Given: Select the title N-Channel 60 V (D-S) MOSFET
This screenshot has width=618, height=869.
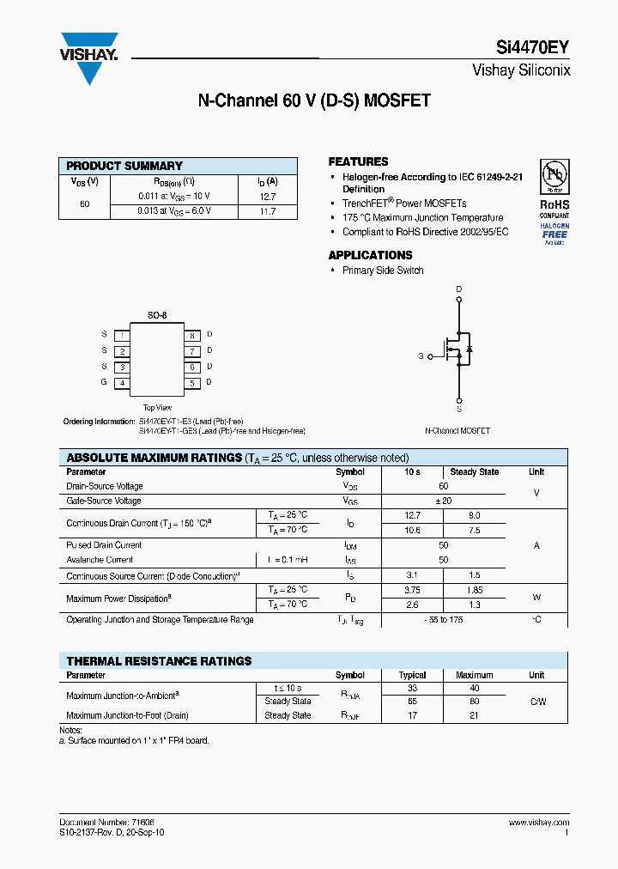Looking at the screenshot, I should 314,101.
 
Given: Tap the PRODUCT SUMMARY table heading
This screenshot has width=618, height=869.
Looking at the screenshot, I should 124,166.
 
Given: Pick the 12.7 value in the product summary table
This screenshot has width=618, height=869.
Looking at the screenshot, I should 267,196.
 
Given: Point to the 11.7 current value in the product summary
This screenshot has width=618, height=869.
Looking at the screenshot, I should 267,211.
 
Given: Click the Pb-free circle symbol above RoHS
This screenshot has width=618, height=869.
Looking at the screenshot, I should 554,177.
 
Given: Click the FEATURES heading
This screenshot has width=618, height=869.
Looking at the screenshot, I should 358,161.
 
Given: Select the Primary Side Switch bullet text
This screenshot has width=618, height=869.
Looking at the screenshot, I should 383,270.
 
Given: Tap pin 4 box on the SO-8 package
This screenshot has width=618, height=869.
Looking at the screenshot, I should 123,383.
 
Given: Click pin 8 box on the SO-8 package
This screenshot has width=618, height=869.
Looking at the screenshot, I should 192,335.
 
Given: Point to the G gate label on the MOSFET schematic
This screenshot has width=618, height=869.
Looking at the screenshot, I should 421,355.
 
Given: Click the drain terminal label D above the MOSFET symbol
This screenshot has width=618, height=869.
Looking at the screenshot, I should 459,289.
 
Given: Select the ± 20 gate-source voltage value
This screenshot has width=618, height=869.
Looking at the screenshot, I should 443,501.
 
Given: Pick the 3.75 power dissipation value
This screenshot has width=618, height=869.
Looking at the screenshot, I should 412,591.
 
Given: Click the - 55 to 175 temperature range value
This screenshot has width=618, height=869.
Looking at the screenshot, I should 443,619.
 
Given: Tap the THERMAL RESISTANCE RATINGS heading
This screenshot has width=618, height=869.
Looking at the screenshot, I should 159,661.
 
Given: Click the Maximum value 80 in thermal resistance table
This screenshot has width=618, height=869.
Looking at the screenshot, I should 474,702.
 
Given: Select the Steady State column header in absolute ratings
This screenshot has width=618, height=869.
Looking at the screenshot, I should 474,472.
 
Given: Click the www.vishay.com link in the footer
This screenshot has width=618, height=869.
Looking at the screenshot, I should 538,823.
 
